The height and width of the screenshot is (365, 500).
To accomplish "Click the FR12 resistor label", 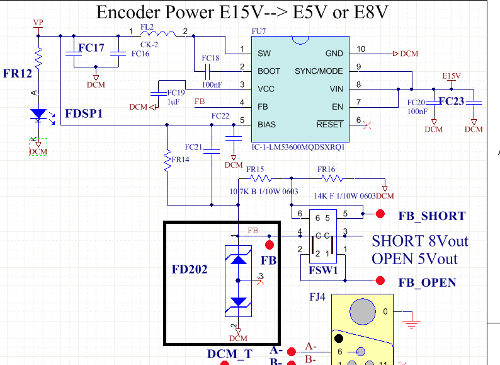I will pos(17,74).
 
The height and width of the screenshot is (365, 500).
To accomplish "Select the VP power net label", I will pos(38,23).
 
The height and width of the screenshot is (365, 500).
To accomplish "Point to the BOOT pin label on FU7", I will pos(269,71).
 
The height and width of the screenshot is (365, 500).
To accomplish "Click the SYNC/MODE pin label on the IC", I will pos(319,71).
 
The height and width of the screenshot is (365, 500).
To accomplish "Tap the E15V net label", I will pos(452,76).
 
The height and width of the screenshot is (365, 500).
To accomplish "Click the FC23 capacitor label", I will pos(452,101).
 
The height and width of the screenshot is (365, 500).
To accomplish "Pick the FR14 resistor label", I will pos(180,160).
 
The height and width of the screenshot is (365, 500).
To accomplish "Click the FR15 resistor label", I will pos(255,170).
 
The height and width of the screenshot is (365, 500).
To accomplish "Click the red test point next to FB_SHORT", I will pos(380,214).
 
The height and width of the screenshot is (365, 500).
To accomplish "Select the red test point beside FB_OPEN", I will pos(380,281).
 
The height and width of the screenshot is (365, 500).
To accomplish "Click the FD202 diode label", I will pos(190,269).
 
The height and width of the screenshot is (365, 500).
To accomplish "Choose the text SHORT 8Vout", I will pos(420,241).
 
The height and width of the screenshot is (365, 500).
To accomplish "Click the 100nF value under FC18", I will pos(212,84).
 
